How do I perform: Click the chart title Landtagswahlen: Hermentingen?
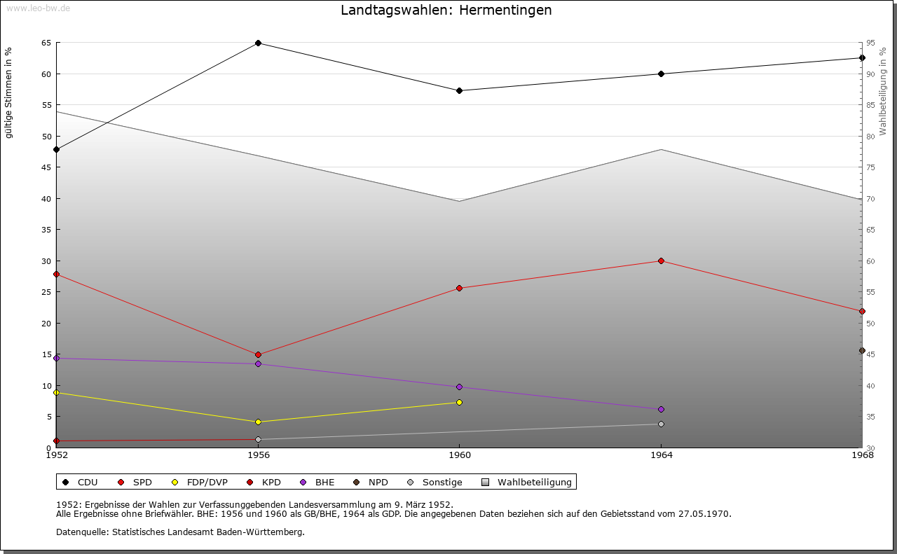tap(446, 11)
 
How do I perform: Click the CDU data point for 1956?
tap(258, 43)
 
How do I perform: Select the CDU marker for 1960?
tap(459, 90)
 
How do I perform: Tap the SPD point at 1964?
tap(661, 261)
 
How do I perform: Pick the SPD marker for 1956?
tap(258, 355)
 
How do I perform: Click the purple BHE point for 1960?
tap(459, 387)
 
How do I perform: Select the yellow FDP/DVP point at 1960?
tap(459, 402)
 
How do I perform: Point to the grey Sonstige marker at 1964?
tap(661, 424)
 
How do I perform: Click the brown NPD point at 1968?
tap(862, 351)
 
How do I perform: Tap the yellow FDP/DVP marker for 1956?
tap(258, 422)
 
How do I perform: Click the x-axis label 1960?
tap(459, 455)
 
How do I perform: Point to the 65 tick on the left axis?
tap(46, 43)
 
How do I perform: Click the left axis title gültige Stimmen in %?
tap(9, 92)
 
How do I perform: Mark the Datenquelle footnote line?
tap(180, 532)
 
